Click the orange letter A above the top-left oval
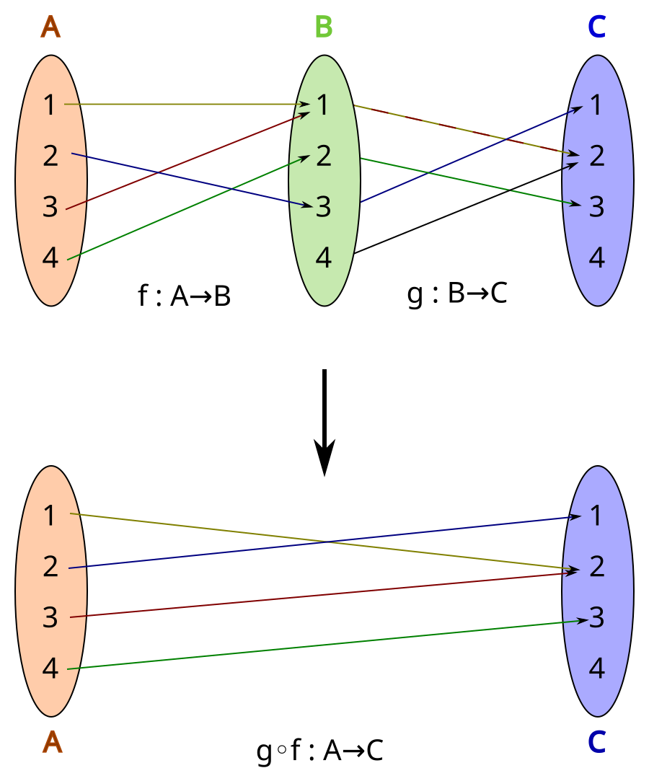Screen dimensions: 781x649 pyautogui.click(x=50, y=27)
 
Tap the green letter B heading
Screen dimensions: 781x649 pyautogui.click(x=324, y=27)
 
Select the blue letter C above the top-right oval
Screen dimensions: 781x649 pyautogui.click(x=596, y=27)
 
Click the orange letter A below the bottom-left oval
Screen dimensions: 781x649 pyautogui.click(x=52, y=742)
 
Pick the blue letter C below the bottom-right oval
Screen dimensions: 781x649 pyautogui.click(x=596, y=742)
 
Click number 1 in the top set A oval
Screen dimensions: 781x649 pyautogui.click(x=49, y=105)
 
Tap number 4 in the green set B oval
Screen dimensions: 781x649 pyautogui.click(x=324, y=257)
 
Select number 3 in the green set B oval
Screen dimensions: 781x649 pyautogui.click(x=324, y=207)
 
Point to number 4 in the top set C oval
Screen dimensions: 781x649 pyautogui.click(x=596, y=257)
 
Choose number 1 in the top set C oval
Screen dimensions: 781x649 pyautogui.click(x=596, y=105)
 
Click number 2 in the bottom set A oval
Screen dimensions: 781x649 pyautogui.click(x=50, y=568)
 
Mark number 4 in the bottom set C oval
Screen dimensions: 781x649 pyautogui.click(x=596, y=669)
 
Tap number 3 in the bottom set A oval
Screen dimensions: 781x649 pyautogui.click(x=50, y=618)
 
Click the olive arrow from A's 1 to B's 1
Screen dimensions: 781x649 pyautogui.click(x=180, y=105)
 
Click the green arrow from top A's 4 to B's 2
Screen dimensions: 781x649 pyautogui.click(x=144, y=226)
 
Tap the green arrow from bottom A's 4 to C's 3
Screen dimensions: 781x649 pyautogui.click(x=324, y=645)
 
